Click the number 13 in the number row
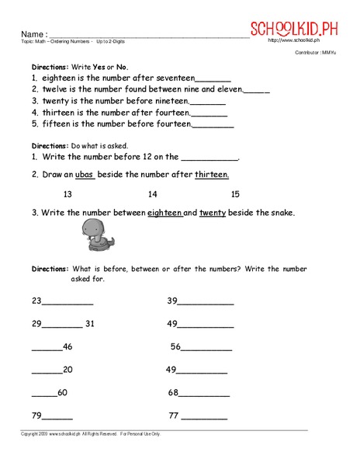tap(68, 194)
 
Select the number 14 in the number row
tap(152, 194)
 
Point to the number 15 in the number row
tap(236, 194)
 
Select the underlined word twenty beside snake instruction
tap(212, 212)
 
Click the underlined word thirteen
tap(212, 175)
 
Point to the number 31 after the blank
tap(90, 324)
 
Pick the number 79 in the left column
tap(36, 416)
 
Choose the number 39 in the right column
tap(172, 301)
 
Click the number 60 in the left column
tap(63, 392)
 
